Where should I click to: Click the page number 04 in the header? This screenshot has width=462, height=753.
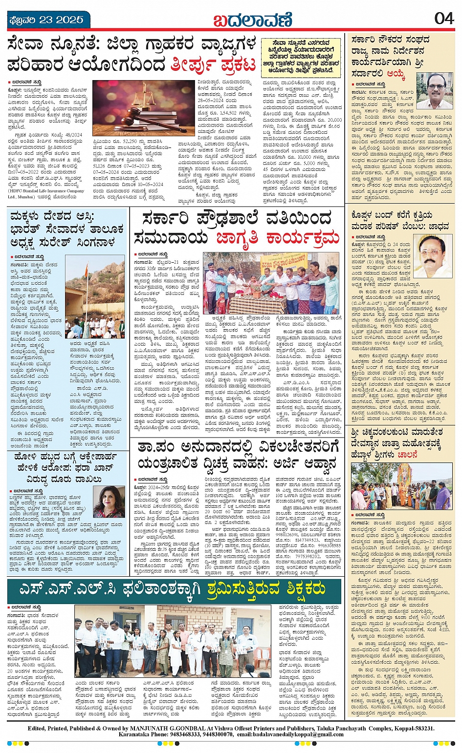[x=444, y=19]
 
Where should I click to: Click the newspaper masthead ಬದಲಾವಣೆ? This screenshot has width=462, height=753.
[x=253, y=20]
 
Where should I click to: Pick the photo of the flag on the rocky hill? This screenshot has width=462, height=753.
[x=95, y=300]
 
